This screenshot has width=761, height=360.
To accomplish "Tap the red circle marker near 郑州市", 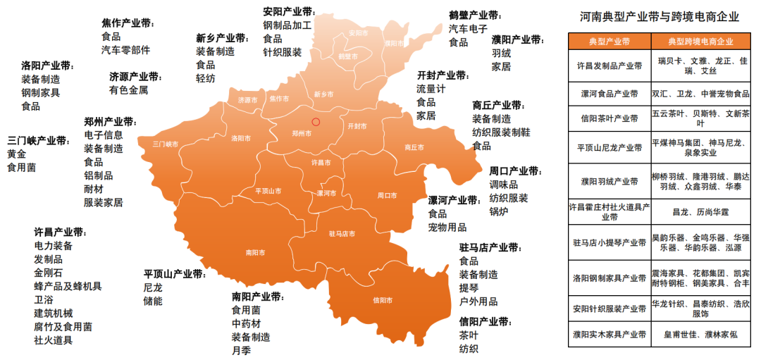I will tap(316, 122).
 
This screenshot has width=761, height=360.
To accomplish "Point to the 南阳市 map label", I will tap(255, 252).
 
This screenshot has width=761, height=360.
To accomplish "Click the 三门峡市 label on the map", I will tap(165, 144).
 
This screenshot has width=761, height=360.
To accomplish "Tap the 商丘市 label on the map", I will tap(415, 147).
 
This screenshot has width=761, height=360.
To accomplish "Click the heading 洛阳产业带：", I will tap(48, 66).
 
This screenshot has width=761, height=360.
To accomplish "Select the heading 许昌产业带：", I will tap(61, 232).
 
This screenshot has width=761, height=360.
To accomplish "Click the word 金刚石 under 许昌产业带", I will tap(49, 273).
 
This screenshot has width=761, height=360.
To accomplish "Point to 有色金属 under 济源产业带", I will tap(129, 90).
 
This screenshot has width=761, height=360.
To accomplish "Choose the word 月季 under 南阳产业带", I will tap(241, 350).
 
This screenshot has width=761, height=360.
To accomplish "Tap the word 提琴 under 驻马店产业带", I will tap(469, 288).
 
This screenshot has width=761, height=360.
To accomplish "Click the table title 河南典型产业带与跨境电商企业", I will tap(660, 15).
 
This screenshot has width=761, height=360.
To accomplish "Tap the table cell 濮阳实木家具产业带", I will tap(610, 335).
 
